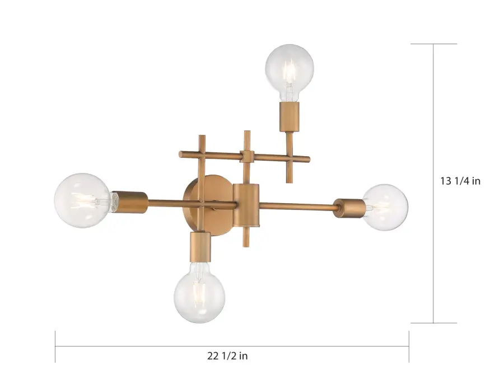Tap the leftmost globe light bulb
pyautogui.click(x=82, y=200)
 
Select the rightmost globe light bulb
pyautogui.click(x=385, y=207)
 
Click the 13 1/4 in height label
pyautogui.click(x=460, y=181)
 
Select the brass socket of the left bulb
pyautogui.click(x=130, y=201)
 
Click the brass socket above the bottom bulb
pyautogui.click(x=199, y=246)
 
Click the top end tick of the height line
pyautogui.click(x=434, y=44)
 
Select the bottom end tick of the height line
pyautogui.click(x=434, y=323)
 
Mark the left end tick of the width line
pyautogui.click(x=55, y=346)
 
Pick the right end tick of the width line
pyautogui.click(x=409, y=346)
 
